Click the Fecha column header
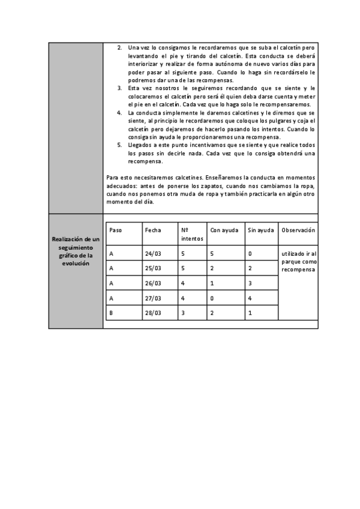pyautogui.click(x=153, y=230)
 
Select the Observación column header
pyautogui.click(x=298, y=230)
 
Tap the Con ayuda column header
pyautogui.click(x=224, y=230)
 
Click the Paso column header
pyautogui.click(x=116, y=230)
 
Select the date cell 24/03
pyautogui.click(x=154, y=254)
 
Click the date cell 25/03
pyautogui.click(x=154, y=268)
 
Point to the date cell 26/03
pyautogui.click(x=154, y=283)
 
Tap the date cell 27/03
pyautogui.click(x=154, y=298)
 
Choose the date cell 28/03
pyautogui.click(x=154, y=313)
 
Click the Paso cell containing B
pyautogui.click(x=111, y=313)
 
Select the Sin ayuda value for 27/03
pyautogui.click(x=250, y=298)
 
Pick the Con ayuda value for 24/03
pyautogui.click(x=212, y=254)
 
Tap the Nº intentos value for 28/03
pyautogui.click(x=182, y=313)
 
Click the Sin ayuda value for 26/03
pyautogui.click(x=250, y=283)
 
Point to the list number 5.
pyautogui.click(x=119, y=145)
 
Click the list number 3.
pyautogui.click(x=119, y=88)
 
